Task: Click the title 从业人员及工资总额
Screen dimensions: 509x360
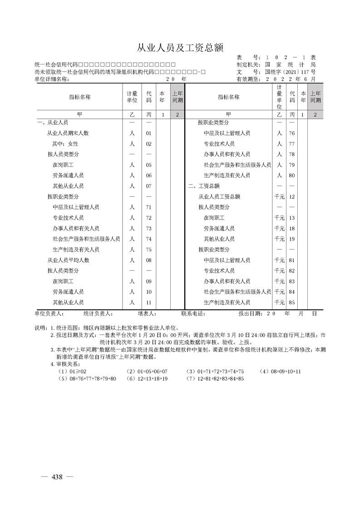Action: [x=180, y=48]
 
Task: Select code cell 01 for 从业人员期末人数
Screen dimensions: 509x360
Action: [x=148, y=133]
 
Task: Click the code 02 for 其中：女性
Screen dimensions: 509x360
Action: [x=148, y=144]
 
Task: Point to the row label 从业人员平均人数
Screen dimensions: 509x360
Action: [x=68, y=260]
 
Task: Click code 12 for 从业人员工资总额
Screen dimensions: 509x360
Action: [x=292, y=197]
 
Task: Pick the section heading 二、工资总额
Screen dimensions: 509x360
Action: [x=204, y=186]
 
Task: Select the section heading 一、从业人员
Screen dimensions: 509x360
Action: [x=53, y=123]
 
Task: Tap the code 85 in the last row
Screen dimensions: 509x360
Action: [x=292, y=303]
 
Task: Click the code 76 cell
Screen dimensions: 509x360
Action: [x=292, y=133]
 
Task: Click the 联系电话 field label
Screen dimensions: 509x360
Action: [x=193, y=313]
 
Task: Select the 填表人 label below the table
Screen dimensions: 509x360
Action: [x=147, y=313]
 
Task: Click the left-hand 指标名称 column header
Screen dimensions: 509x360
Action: [x=79, y=97]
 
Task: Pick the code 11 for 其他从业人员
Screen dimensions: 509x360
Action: [x=148, y=303]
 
